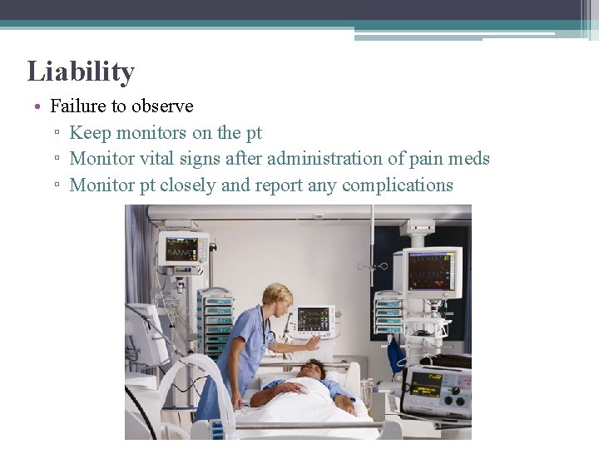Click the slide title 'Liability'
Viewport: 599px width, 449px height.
[x=81, y=72]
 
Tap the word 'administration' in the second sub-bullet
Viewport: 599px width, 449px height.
[x=324, y=159]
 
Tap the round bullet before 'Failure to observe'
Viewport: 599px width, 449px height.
[x=39, y=107]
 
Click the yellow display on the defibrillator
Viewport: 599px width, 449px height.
[x=426, y=384]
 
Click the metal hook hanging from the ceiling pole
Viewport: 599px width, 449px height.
[x=373, y=266]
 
